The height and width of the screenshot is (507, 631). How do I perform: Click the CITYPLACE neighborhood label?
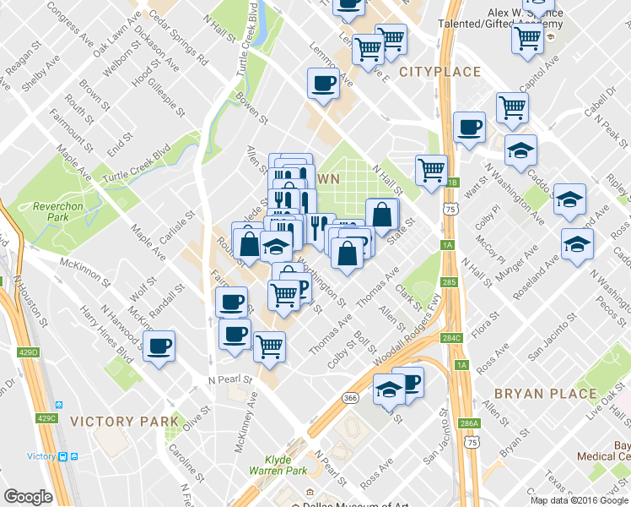pyautogui.click(x=440, y=72)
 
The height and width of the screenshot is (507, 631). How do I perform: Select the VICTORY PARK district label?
pyautogui.click(x=124, y=421)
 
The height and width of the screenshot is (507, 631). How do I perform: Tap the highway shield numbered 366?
pyautogui.click(x=349, y=397)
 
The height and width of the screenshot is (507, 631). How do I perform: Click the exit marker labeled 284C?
pyautogui.click(x=451, y=338)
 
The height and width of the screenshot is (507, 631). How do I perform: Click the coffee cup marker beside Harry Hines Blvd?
pyautogui.click(x=159, y=345)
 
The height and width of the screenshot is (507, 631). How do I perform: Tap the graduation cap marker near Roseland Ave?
pyautogui.click(x=578, y=243)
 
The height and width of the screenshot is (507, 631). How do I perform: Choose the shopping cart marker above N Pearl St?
pyautogui.click(x=269, y=345)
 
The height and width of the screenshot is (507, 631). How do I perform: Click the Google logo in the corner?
pyautogui.click(x=28, y=496)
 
